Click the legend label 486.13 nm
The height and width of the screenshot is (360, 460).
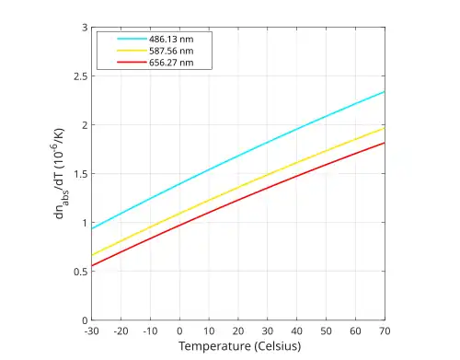171,40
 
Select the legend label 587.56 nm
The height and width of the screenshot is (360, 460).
171,51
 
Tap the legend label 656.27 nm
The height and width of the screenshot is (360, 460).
171,63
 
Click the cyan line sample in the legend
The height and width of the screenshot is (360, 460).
132,39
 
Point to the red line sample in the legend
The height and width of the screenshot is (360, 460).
132,63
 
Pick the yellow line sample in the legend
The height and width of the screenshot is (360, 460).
132,51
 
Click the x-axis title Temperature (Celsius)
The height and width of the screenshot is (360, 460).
240,346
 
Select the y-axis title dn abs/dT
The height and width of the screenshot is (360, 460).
59,173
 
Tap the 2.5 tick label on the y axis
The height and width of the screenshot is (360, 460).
81,76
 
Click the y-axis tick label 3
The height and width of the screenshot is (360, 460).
85,28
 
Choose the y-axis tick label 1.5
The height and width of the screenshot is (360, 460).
81,174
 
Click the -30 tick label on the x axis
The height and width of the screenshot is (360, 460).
91,331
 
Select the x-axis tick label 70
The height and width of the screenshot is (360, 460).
385,331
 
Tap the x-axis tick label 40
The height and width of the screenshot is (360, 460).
296,331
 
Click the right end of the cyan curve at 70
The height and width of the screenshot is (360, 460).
385,91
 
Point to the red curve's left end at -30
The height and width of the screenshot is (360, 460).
92,265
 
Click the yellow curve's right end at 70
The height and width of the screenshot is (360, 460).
385,128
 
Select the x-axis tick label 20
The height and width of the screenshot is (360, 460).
238,331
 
